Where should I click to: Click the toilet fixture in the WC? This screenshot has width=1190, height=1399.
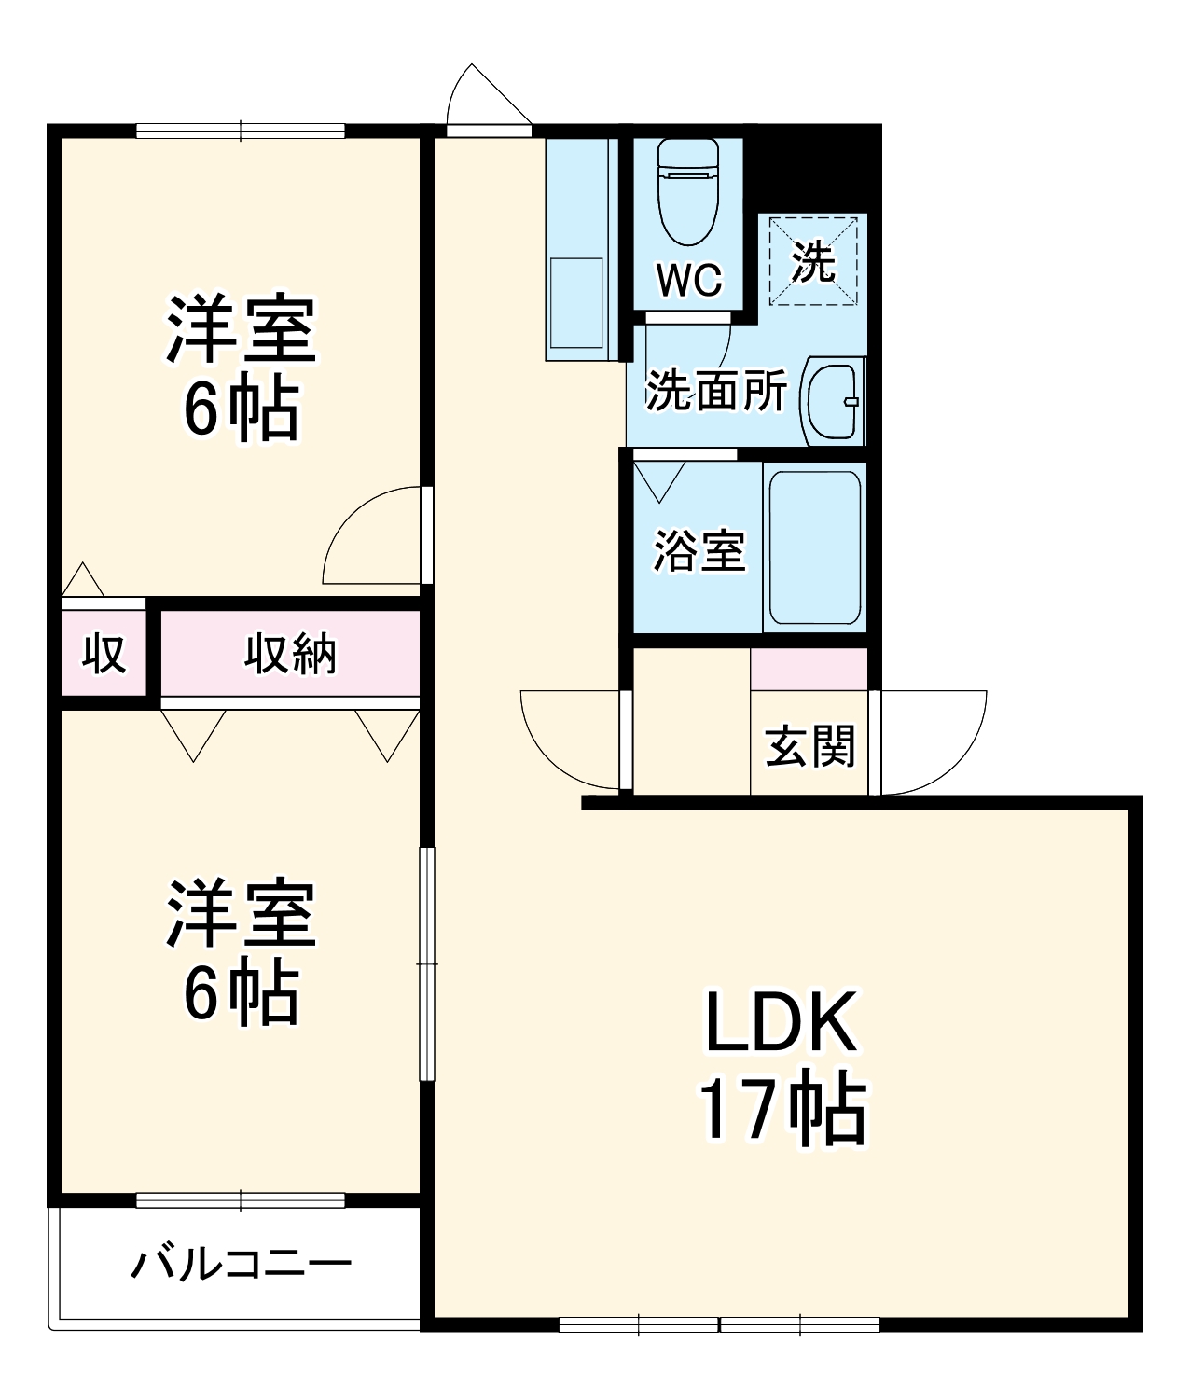tap(688, 191)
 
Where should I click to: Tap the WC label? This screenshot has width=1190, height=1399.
tap(689, 279)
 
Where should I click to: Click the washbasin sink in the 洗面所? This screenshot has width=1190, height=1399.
tap(832, 401)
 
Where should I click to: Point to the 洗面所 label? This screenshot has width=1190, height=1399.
tap(716, 391)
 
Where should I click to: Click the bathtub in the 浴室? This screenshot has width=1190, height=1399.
tap(813, 547)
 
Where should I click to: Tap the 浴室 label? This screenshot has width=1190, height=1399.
tap(699, 550)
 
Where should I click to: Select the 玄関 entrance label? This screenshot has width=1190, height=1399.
tap(809, 746)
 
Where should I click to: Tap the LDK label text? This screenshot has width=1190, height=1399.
tap(781, 1023)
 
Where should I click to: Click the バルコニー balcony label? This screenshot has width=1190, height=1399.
tap(241, 1264)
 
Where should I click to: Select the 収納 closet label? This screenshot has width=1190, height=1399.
tap(290, 654)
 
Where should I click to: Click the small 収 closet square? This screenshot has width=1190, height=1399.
tap(104, 654)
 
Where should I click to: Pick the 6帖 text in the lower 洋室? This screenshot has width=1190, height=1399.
tap(241, 993)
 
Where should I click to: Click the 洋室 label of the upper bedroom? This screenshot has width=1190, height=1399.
tap(241, 328)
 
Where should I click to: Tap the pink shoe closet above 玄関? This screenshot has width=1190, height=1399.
tap(809, 669)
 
